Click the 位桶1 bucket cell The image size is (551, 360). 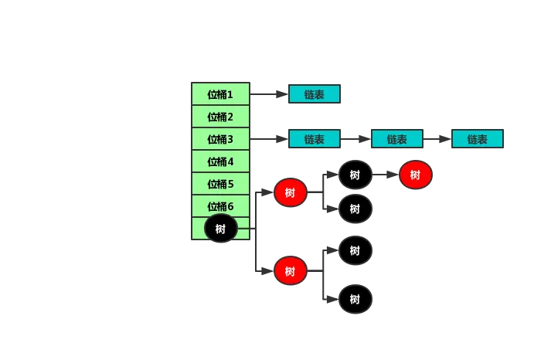point(220,93)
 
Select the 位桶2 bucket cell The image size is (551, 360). point(220,116)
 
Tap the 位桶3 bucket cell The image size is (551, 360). point(220,139)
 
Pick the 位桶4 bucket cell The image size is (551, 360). point(220,161)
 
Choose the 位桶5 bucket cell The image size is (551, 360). point(220,184)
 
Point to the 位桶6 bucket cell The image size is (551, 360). point(220,205)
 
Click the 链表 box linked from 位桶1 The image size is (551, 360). point(315,93)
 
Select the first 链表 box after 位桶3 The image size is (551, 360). point(315,139)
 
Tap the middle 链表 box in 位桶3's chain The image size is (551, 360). point(397,139)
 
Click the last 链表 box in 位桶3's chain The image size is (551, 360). point(478,139)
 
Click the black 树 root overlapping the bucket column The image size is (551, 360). point(221,229)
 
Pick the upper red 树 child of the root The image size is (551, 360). point(291,192)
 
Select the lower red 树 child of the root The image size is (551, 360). point(291,271)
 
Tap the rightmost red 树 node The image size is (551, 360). point(415,175)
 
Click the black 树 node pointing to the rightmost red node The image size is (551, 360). point(355,175)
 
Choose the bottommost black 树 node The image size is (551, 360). point(355,299)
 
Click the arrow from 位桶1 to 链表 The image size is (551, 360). point(269,94)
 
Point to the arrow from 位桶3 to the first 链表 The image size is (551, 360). point(269,139)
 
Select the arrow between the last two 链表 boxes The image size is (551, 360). point(437,139)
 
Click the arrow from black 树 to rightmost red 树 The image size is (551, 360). point(386,175)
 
